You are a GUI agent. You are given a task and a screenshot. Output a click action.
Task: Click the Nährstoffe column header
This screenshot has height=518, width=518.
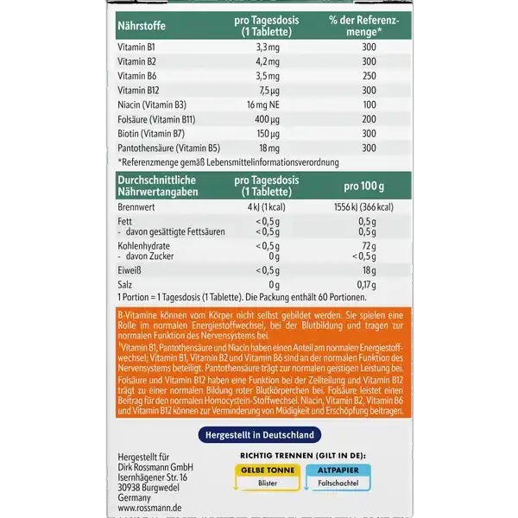tap(142, 23)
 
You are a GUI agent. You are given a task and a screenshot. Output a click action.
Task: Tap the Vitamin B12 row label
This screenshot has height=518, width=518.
tap(138, 88)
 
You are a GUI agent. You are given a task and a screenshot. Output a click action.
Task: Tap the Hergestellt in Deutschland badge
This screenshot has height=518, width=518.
tap(259, 434)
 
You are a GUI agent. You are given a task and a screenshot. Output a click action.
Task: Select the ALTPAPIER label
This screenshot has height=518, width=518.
tap(345, 469)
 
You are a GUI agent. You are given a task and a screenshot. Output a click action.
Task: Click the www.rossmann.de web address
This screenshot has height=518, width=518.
tap(148, 510)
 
